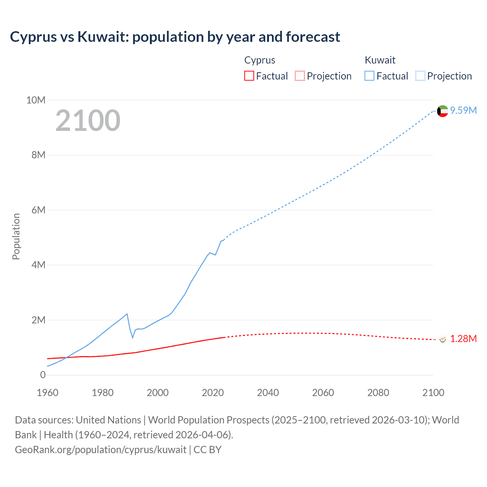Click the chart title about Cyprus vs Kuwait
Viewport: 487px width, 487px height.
click(x=175, y=37)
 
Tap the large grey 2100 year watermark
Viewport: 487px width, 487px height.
click(x=88, y=121)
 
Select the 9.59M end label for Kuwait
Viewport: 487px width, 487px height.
click(x=463, y=110)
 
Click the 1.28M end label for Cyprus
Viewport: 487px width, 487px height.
click(x=463, y=339)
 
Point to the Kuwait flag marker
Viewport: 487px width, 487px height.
click(x=442, y=111)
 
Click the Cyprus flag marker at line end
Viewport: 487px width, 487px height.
click(x=442, y=339)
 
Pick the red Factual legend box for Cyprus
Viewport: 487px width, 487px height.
click(x=249, y=76)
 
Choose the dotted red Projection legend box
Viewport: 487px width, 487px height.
click(x=300, y=76)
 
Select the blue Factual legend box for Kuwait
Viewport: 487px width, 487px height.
click(x=369, y=76)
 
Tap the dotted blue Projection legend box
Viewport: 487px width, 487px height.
click(x=420, y=76)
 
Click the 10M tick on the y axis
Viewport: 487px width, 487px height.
click(x=36, y=100)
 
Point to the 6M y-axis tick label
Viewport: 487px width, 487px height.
click(x=38, y=210)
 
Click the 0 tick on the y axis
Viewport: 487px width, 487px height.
click(x=43, y=375)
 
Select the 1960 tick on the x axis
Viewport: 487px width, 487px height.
click(x=48, y=393)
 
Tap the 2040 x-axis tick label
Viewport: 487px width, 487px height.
click(x=268, y=393)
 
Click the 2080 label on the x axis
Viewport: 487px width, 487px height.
click(x=378, y=393)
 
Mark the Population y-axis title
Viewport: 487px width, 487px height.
click(x=16, y=236)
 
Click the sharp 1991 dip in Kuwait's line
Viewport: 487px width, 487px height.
click(x=133, y=337)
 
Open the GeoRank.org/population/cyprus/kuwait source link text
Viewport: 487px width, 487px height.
click(x=100, y=450)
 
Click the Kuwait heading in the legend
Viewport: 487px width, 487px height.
click(x=380, y=60)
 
